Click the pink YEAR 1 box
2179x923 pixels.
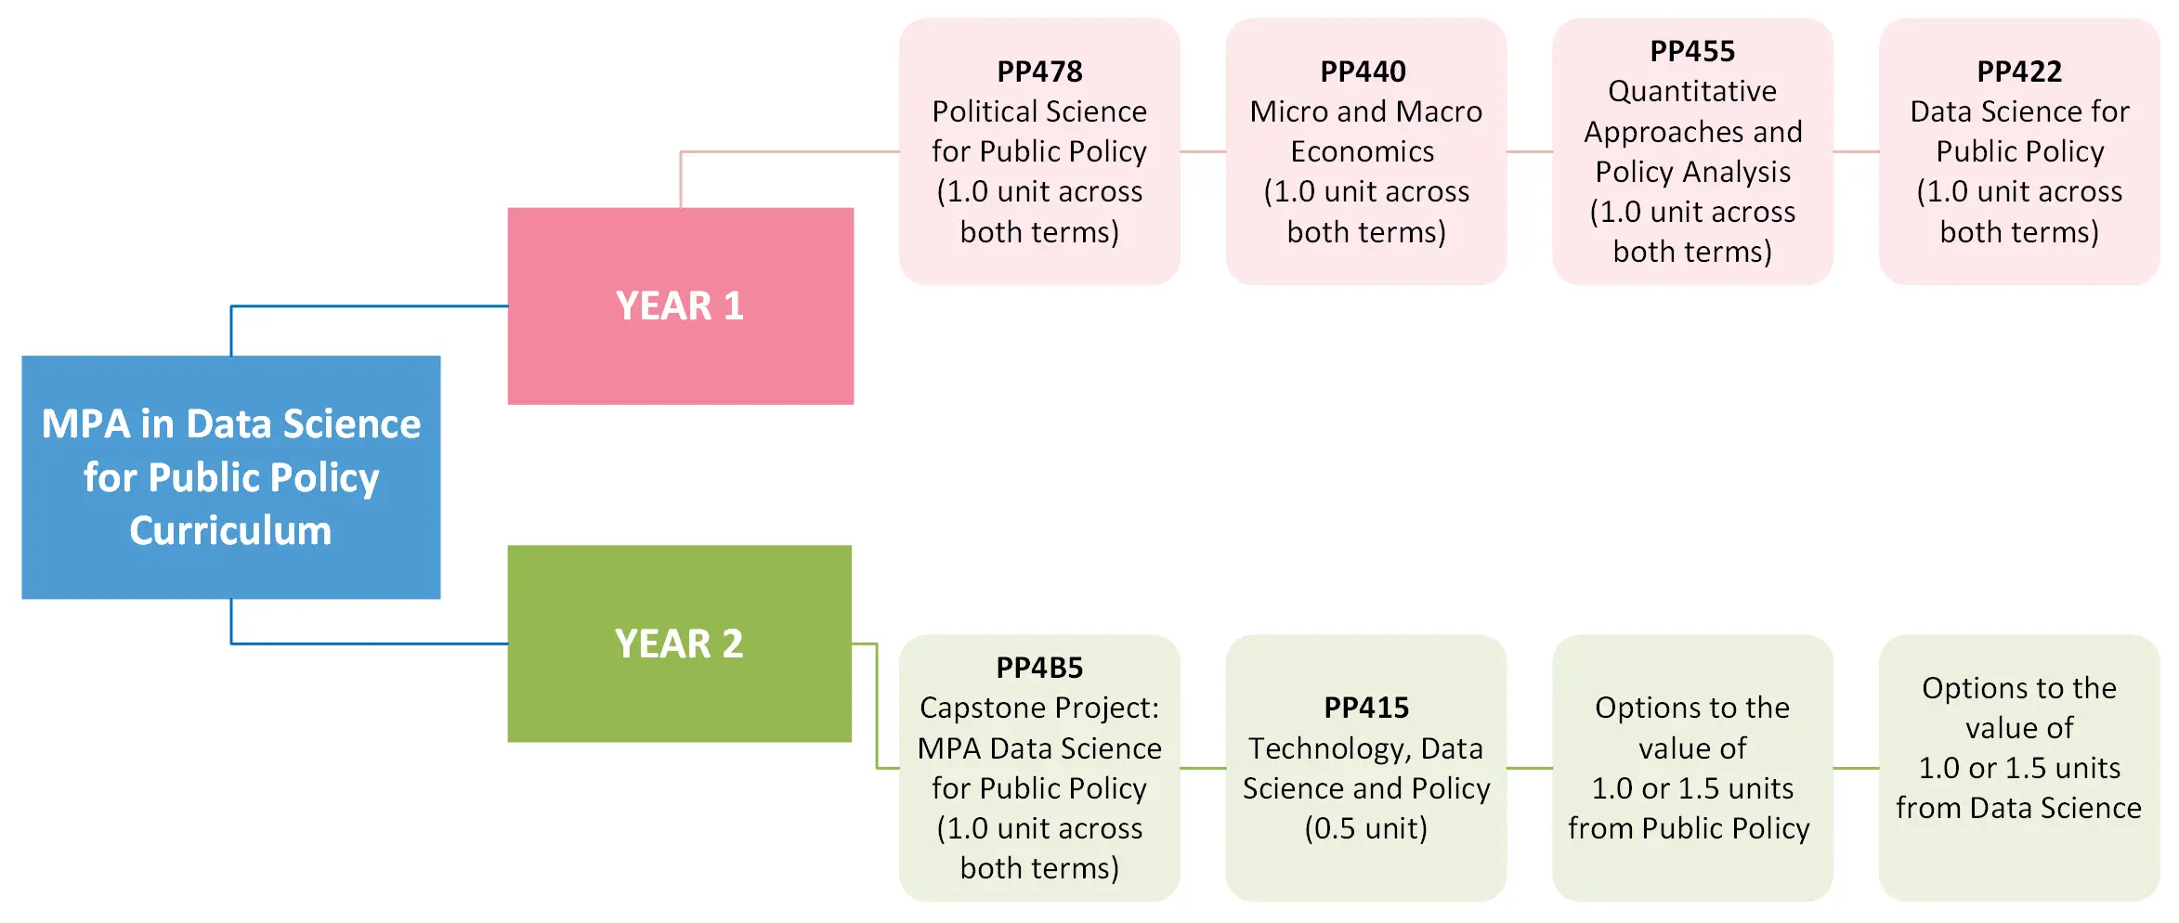pyautogui.click(x=680, y=305)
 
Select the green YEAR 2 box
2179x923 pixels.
pyautogui.click(x=679, y=643)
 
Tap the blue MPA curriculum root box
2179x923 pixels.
pyautogui.click(x=230, y=476)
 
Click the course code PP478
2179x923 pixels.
pyautogui.click(x=1039, y=71)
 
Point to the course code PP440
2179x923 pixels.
pyautogui.click(x=1364, y=71)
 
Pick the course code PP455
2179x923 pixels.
pyautogui.click(x=1692, y=51)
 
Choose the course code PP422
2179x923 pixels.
pyautogui.click(x=2019, y=71)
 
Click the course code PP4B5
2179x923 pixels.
pyautogui.click(x=1039, y=668)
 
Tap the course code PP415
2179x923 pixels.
pyautogui.click(x=1366, y=708)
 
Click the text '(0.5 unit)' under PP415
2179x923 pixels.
pyautogui.click(x=1366, y=828)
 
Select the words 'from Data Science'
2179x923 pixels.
pyautogui.click(x=2018, y=808)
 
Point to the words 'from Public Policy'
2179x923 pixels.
pyautogui.click(x=1689, y=828)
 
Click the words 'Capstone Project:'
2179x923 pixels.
pyautogui.click(x=1039, y=708)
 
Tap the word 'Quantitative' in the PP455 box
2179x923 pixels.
pyautogui.click(x=1692, y=91)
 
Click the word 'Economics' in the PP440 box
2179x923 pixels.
pyautogui.click(x=1363, y=151)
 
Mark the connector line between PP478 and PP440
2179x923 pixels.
pyautogui.click(x=1203, y=151)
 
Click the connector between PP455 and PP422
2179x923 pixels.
pyautogui.click(x=1856, y=151)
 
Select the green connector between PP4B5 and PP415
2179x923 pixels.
pyautogui.click(x=1203, y=768)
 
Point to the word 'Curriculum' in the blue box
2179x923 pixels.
pyautogui.click(x=230, y=530)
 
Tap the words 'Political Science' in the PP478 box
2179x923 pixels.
pyautogui.click(x=1039, y=111)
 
